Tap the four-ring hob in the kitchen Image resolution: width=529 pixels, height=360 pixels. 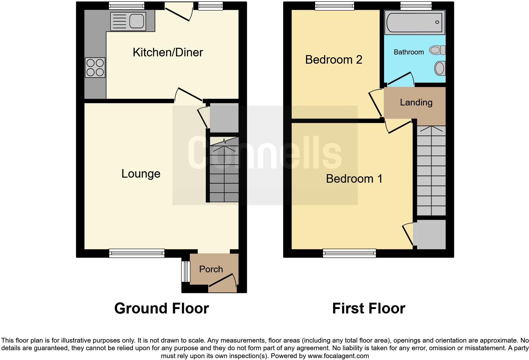95,68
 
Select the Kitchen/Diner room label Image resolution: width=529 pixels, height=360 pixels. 168,53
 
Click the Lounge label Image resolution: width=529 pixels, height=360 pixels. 141,174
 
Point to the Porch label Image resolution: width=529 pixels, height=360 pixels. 211,269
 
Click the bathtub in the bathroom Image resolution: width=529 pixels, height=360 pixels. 414,22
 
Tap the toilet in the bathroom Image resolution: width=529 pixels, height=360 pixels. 437,50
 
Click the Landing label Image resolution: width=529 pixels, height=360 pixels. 416,102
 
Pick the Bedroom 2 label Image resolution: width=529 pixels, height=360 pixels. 333,60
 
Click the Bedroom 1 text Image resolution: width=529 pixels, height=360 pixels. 354,179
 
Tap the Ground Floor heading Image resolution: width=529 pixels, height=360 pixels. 161,308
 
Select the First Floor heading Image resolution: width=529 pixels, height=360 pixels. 369,308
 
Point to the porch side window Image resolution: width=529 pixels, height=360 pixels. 185,271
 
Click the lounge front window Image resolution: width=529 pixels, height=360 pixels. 137,253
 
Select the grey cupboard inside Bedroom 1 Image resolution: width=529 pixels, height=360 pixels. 431,234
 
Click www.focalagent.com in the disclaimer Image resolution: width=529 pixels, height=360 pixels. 338,356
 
